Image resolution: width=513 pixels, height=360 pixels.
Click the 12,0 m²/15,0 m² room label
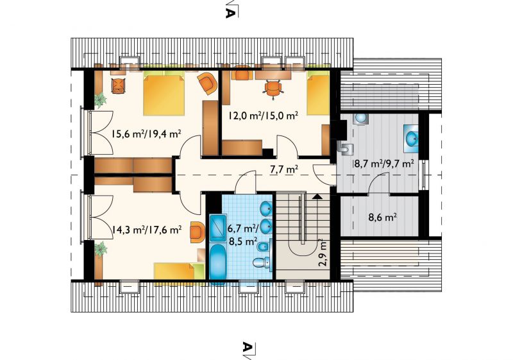click(263, 116)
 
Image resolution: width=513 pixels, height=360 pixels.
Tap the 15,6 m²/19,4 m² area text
click(147, 133)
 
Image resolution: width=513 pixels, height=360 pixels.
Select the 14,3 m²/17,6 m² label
click(147, 230)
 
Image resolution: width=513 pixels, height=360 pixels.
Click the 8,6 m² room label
click(383, 218)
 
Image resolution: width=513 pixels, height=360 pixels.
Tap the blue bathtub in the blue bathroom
click(216, 262)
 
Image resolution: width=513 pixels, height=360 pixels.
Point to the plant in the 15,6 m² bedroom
click(101, 100)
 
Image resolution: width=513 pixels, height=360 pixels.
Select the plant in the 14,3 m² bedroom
click(101, 249)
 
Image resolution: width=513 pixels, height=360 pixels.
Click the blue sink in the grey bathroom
click(410, 139)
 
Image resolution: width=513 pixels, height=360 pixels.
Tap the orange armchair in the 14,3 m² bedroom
click(197, 232)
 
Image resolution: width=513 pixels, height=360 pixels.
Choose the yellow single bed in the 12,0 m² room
click(317, 94)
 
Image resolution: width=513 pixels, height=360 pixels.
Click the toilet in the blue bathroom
click(262, 262)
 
